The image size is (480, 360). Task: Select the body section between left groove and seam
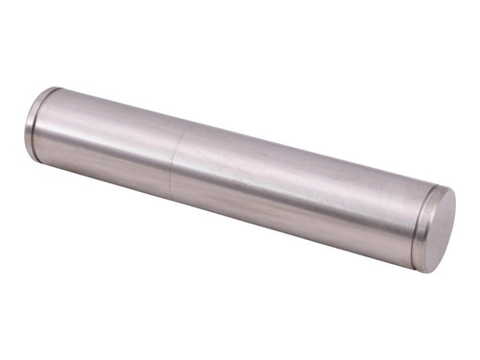(x=106, y=144)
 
